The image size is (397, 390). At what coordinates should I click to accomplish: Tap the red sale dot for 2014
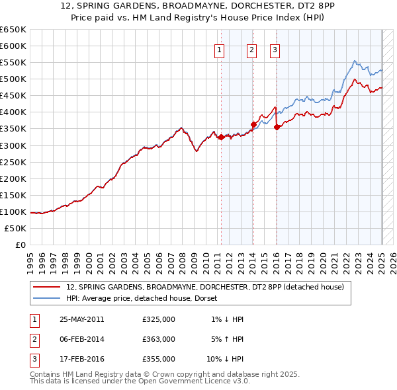[x=253, y=124]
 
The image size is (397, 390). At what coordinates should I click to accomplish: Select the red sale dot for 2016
[x=277, y=127]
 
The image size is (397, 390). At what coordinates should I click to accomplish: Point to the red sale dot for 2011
[x=220, y=137]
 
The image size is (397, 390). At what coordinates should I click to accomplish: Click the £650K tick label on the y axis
[x=13, y=30]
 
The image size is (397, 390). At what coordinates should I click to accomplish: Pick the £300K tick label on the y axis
[x=13, y=145]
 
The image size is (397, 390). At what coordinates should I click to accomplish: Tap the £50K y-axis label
[x=16, y=228]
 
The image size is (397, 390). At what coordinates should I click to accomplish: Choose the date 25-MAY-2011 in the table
[x=82, y=319]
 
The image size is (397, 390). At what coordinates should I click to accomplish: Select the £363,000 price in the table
[x=158, y=339]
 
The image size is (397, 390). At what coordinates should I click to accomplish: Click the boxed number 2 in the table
[x=33, y=339]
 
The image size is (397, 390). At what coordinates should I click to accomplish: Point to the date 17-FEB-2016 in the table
[x=81, y=359]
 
